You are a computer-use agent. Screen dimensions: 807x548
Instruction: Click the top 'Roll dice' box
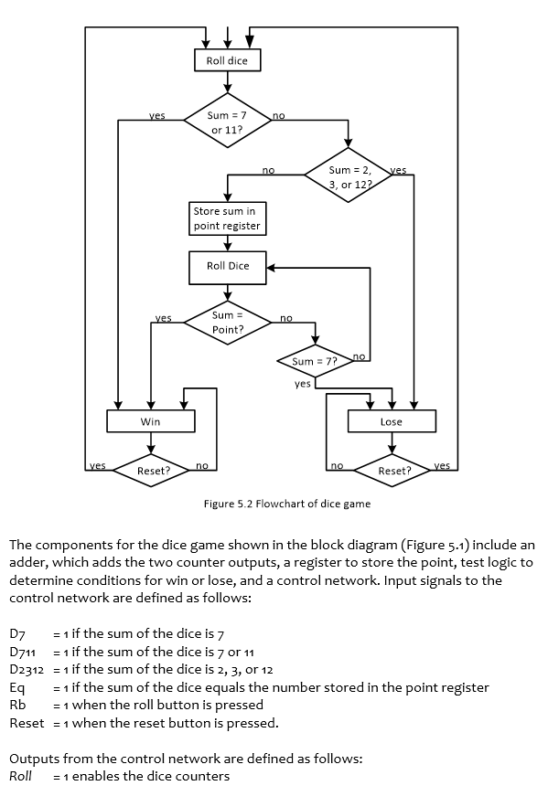pyautogui.click(x=228, y=60)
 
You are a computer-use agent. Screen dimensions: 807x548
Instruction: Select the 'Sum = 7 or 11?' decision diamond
pyautogui.click(x=228, y=122)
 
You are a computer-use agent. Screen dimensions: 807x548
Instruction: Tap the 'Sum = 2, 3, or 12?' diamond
pyautogui.click(x=349, y=177)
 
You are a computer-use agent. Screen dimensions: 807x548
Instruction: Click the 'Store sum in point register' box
pyautogui.click(x=226, y=218)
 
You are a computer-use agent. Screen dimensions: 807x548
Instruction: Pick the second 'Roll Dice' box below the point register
pyautogui.click(x=228, y=266)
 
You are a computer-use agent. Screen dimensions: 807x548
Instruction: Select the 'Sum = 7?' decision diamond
pyautogui.click(x=315, y=362)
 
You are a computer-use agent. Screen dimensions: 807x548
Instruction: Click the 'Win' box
pyautogui.click(x=151, y=421)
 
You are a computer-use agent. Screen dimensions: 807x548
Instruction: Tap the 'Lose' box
pyautogui.click(x=392, y=421)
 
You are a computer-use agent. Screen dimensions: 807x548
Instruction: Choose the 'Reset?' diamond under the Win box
pyautogui.click(x=153, y=471)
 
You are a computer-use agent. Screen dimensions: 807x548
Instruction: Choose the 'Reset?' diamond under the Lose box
pyautogui.click(x=393, y=471)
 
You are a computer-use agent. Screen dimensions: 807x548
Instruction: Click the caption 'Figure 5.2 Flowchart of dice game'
pyautogui.click(x=286, y=504)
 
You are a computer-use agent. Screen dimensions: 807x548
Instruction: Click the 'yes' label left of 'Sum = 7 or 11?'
pyautogui.click(x=157, y=116)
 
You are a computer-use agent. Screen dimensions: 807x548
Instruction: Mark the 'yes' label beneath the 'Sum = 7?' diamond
pyautogui.click(x=302, y=384)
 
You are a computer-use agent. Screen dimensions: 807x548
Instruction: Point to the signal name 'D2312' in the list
pyautogui.click(x=27, y=670)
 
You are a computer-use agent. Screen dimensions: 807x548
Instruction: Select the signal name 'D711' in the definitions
pyautogui.click(x=22, y=652)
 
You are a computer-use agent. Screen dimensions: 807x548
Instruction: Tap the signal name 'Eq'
pyautogui.click(x=16, y=687)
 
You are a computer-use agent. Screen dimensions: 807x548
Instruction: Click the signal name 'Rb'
pyautogui.click(x=16, y=705)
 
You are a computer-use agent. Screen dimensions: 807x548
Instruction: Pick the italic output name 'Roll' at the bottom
pyautogui.click(x=21, y=776)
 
